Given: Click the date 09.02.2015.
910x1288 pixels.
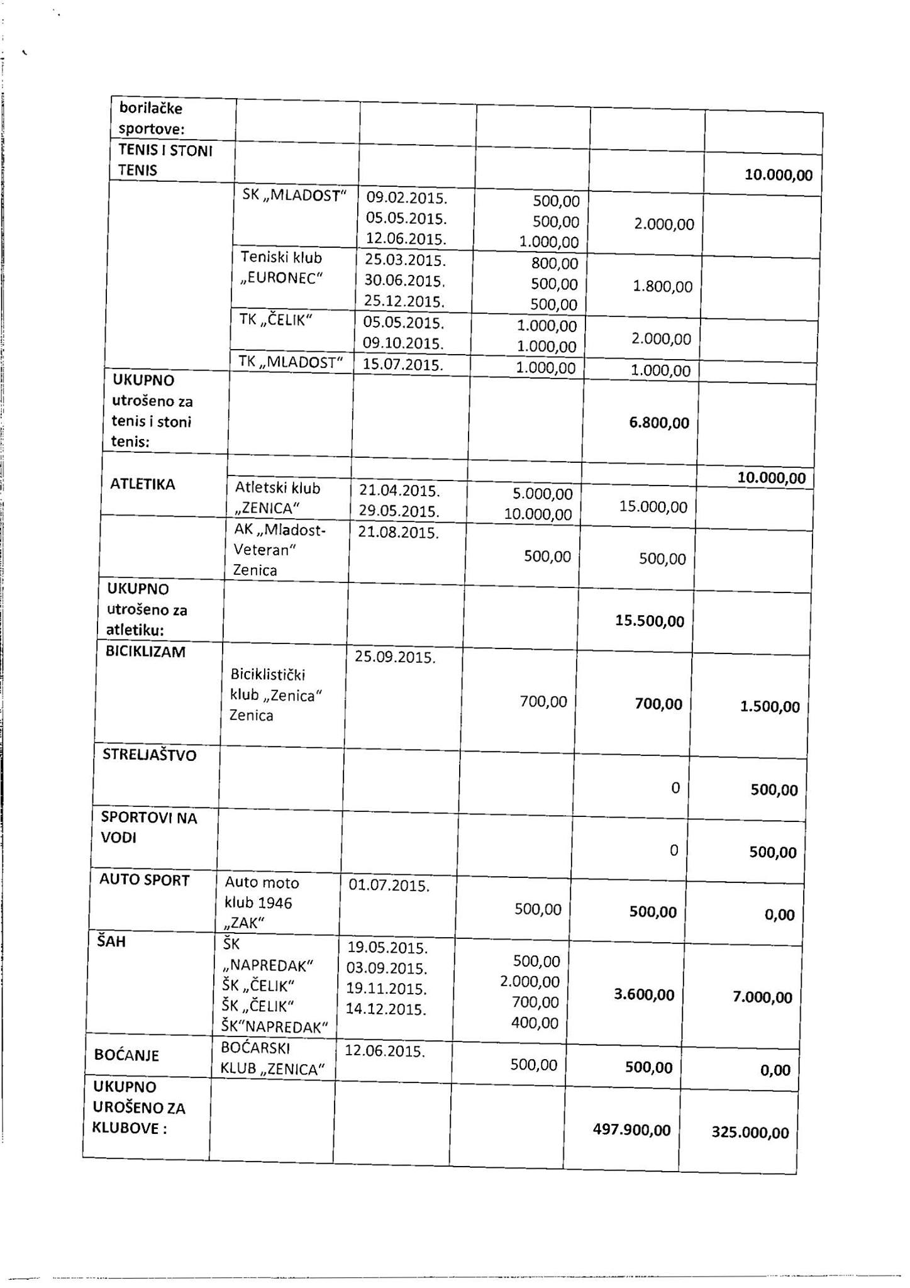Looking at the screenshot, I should point(406,198).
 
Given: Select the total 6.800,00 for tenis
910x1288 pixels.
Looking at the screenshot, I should point(659,423).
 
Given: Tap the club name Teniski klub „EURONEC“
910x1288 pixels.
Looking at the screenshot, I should point(281,267).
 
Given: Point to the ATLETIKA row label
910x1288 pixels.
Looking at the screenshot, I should point(143,484).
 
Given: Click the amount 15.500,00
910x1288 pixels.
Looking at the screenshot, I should point(650,621).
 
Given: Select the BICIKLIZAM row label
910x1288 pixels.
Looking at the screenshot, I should point(145,652).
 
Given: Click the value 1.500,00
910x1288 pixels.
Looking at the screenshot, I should point(770,706).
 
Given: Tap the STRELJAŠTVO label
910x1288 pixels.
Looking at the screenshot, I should point(150,755).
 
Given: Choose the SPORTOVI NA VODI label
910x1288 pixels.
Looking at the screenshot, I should point(149,828).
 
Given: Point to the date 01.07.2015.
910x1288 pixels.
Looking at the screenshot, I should point(389,885).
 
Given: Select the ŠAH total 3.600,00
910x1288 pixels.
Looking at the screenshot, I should point(643,994).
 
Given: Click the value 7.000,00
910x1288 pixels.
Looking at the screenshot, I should point(762,997).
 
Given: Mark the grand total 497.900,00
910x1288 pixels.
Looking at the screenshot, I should point(631,1130).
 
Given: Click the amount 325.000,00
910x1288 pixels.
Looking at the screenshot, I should point(750,1133).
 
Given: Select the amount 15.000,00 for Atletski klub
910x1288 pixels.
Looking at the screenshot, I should point(653,506).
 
